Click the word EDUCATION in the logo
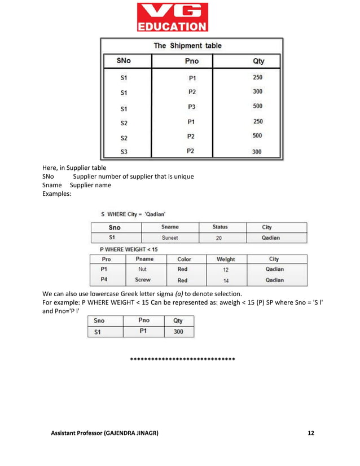pyautogui.click(x=173, y=27)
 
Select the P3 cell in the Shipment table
pyautogui.click(x=191, y=107)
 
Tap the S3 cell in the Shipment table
pyautogui.click(x=124, y=152)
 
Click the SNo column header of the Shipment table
pyautogui.click(x=124, y=61)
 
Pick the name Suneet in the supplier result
pyautogui.click(x=170, y=238)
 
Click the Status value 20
pyautogui.click(x=219, y=238)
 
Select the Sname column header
pyautogui.click(x=170, y=227)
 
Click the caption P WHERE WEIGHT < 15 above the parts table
pyautogui.click(x=129, y=249)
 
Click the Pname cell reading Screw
pyautogui.click(x=143, y=279)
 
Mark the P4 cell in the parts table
pyautogui.click(x=104, y=279)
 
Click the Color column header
pyautogui.click(x=184, y=260)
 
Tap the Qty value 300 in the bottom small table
pyautogui.click(x=178, y=332)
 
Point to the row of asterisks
pyautogui.click(x=182, y=359)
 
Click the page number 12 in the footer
pyautogui.click(x=310, y=433)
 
